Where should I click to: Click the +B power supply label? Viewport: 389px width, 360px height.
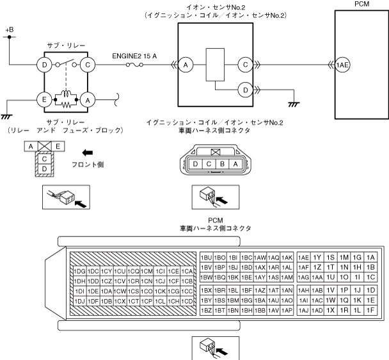9,30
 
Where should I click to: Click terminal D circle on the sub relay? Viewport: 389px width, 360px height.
45,65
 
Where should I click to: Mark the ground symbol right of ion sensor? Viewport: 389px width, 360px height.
294,103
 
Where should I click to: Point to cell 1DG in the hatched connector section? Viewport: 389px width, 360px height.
80,270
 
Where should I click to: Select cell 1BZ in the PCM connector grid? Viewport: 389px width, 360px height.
206,310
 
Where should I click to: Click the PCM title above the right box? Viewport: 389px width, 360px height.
361,4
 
